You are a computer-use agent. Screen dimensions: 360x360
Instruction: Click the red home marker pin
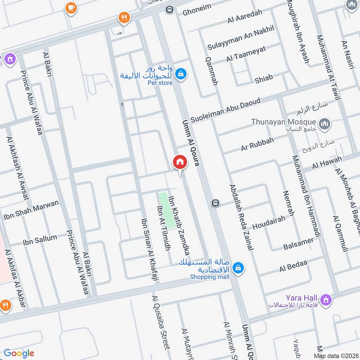pyautogui.click(x=180, y=162)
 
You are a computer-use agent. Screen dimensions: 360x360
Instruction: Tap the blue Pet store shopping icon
pyautogui.click(x=180, y=74)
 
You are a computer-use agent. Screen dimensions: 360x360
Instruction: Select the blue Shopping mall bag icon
pyautogui.click(x=239, y=269)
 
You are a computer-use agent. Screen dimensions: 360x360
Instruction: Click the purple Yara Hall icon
pyautogui.click(x=325, y=299)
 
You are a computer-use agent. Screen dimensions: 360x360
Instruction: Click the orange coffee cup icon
pyautogui.click(x=71, y=8)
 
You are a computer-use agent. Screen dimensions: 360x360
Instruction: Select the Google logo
pyautogui.click(x=19, y=353)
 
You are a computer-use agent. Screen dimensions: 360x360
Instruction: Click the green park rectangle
pyautogui.click(x=167, y=210)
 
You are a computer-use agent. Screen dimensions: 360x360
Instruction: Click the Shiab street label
pyautogui.click(x=263, y=78)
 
